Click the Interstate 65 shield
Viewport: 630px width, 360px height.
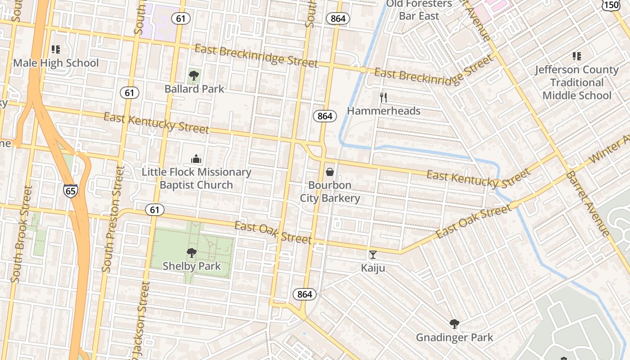coord(71,190)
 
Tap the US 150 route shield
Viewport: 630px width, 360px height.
coord(611,4)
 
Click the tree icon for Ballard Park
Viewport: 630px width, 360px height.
coord(194,76)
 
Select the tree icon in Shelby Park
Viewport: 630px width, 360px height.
coord(192,253)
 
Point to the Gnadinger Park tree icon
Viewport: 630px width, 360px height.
coord(454,324)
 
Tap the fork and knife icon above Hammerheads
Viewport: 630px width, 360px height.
coord(383,97)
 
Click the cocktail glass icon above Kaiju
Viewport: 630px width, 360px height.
coord(373,255)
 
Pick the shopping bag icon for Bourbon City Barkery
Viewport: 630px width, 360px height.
coord(330,172)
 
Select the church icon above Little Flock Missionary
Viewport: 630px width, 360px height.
coord(196,159)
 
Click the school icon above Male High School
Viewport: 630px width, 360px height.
coord(55,49)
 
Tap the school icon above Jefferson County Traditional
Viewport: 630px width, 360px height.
coord(576,56)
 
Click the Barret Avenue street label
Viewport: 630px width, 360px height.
coord(587,203)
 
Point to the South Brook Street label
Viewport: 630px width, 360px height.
coord(22,234)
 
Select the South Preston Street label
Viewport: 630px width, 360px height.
coord(113,219)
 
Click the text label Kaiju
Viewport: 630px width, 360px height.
coord(373,268)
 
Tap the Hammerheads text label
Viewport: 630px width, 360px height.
coord(383,111)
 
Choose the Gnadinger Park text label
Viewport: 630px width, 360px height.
coord(454,337)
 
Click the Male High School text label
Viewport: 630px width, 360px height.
coord(56,63)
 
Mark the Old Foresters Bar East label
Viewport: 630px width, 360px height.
coord(419,10)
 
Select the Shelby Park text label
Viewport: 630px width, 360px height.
coord(192,266)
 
